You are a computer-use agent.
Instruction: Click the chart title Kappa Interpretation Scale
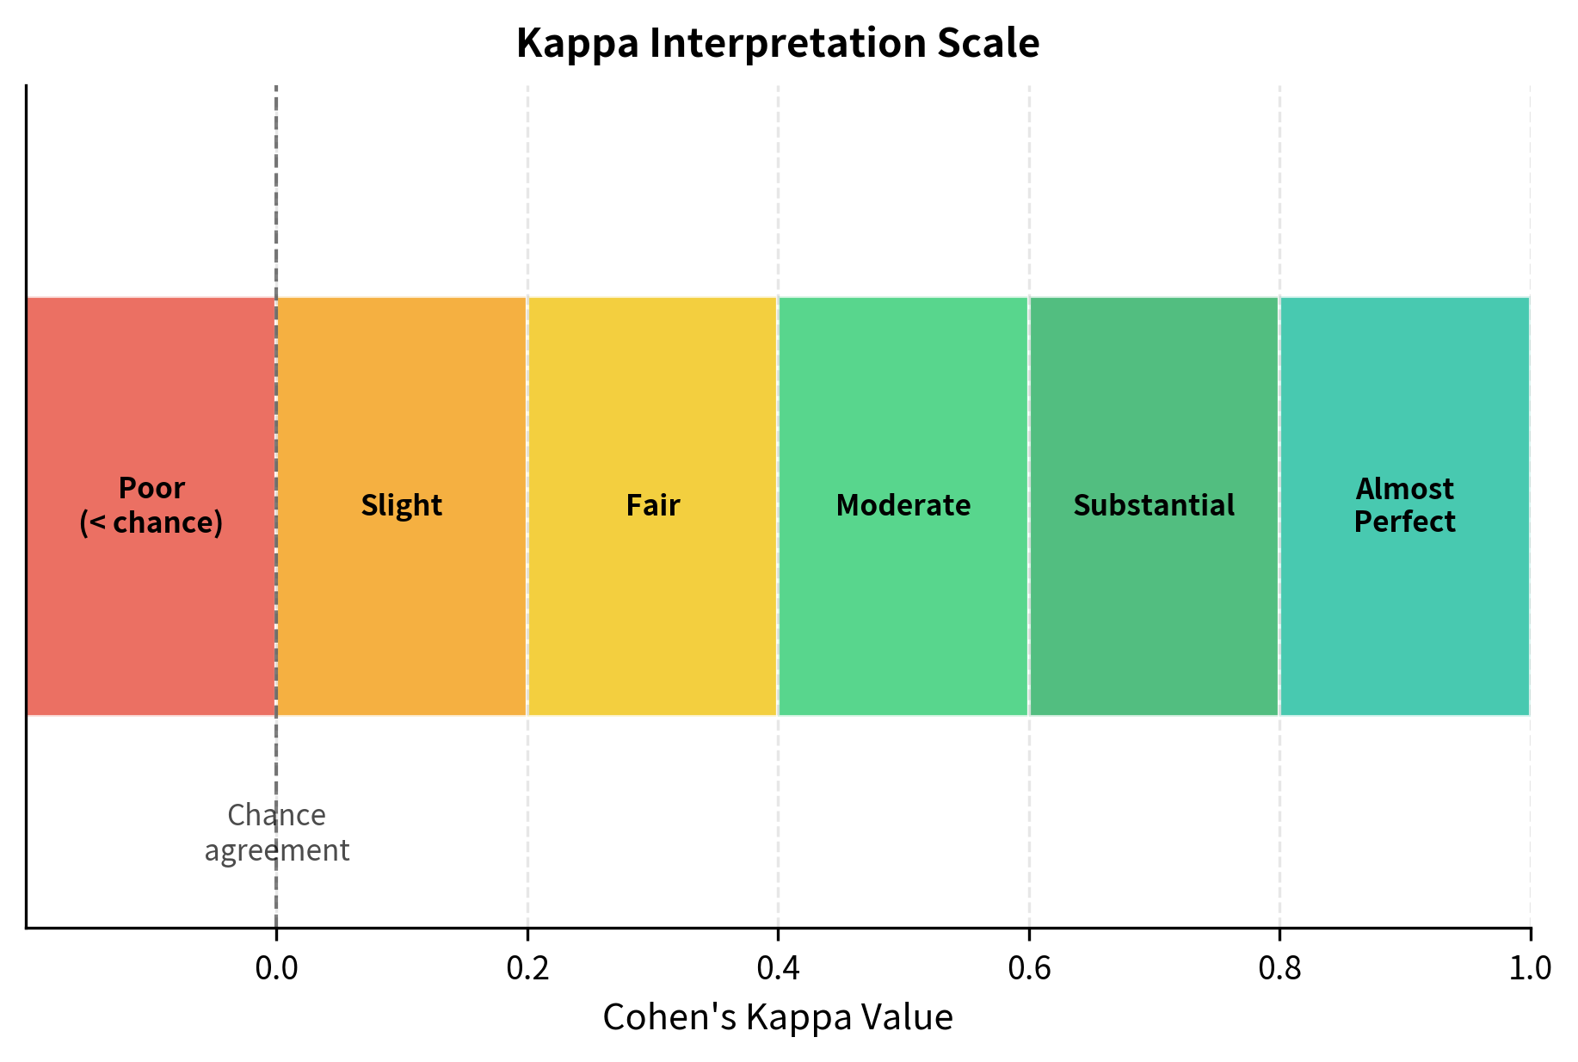pos(778,43)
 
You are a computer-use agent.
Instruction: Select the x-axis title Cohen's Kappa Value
pos(778,1017)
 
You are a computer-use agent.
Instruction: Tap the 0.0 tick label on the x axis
pos(276,969)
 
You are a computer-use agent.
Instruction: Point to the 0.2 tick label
pos(527,969)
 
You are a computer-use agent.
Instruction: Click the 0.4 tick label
pos(778,969)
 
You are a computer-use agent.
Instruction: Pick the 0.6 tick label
pos(1029,969)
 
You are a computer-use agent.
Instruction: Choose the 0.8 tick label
pos(1279,969)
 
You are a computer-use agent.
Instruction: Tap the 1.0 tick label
pos(1530,969)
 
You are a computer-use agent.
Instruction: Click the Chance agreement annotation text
pos(277,832)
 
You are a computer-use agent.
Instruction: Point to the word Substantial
pos(1154,505)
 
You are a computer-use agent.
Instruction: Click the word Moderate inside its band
pos(903,505)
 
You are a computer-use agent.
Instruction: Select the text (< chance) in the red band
pos(151,522)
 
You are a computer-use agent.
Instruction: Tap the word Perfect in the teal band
pos(1405,522)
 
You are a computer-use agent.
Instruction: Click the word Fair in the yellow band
pos(652,505)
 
